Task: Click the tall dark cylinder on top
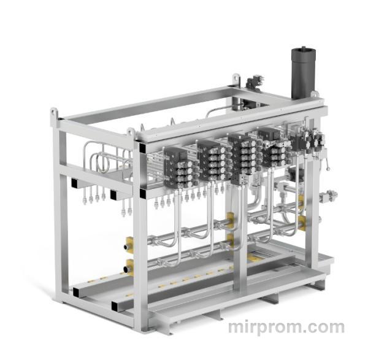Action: click(x=303, y=72)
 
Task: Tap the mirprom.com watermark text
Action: click(x=286, y=327)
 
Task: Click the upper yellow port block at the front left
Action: click(x=129, y=244)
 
